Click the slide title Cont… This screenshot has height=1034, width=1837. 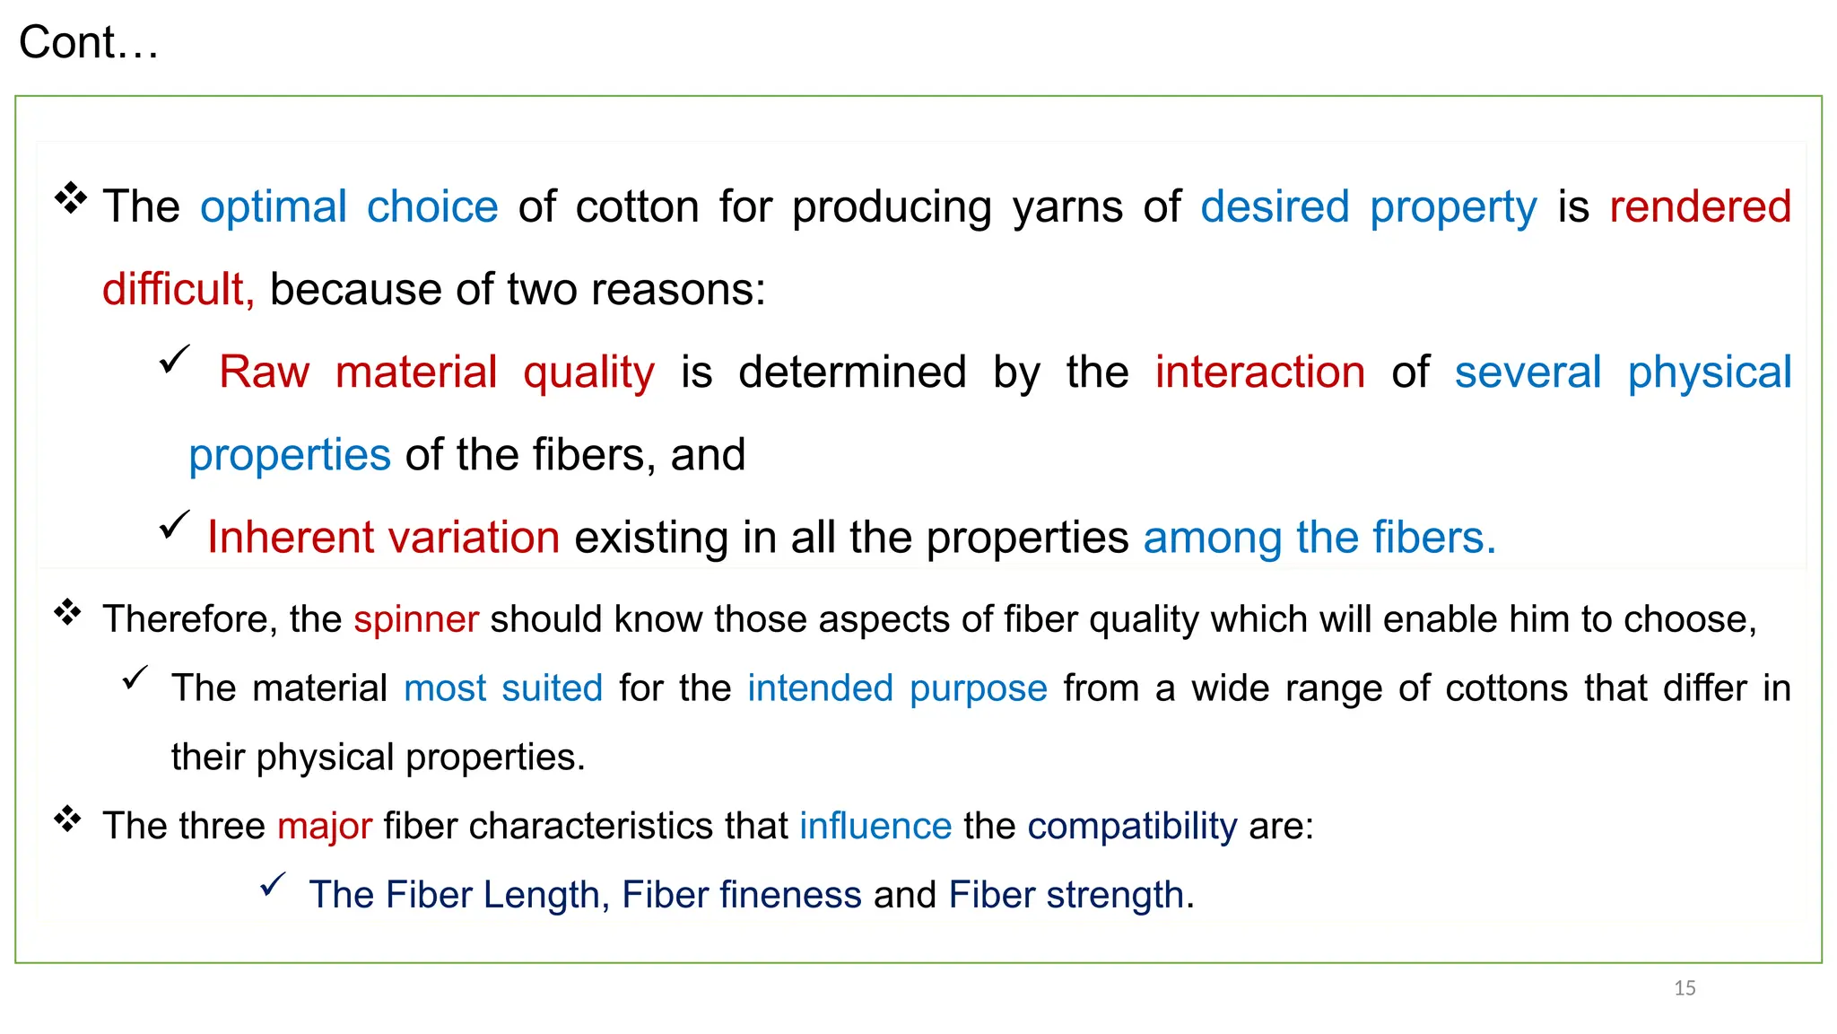pos(88,42)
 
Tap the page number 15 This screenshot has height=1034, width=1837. pos(1685,988)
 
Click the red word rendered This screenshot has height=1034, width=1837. pos(1700,206)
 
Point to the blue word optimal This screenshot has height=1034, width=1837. pos(274,207)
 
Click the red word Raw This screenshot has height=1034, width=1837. pos(265,372)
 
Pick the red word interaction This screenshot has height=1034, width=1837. pos(1259,372)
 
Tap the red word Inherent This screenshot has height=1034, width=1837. pos(290,538)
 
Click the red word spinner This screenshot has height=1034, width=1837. pos(416,619)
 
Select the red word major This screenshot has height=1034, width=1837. pos(325,826)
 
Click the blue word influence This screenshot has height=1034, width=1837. pos(875,826)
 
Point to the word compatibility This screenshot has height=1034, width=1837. pos(1132,826)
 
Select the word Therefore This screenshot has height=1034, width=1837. pos(189,619)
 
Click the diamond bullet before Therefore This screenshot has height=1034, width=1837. pos(67,614)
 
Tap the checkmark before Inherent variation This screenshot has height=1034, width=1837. pos(174,525)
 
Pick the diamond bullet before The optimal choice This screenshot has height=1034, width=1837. pos(70,197)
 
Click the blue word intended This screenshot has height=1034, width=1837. pos(820,688)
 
